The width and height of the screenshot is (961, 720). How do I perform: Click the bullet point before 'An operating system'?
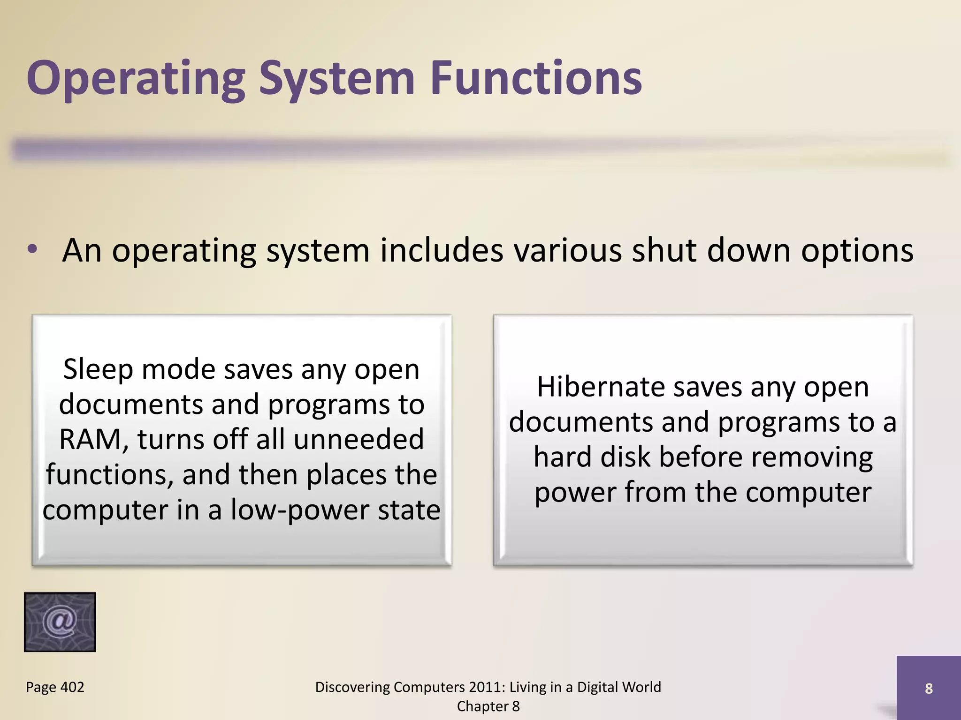(32, 249)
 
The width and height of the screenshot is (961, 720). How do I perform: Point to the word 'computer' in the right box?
(808, 493)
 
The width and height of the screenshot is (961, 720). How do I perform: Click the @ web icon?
(60, 622)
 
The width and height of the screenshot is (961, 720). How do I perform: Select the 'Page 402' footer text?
(55, 687)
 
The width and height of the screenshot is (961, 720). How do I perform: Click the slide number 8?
(928, 688)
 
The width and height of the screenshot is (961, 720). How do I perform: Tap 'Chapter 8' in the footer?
(488, 706)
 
